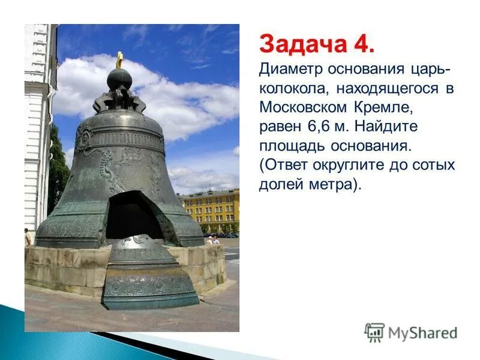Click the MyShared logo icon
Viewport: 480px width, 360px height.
click(x=374, y=332)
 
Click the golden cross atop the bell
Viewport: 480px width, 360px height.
click(x=119, y=59)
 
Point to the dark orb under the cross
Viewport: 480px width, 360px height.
click(x=119, y=79)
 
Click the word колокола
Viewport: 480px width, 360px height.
click(x=293, y=89)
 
